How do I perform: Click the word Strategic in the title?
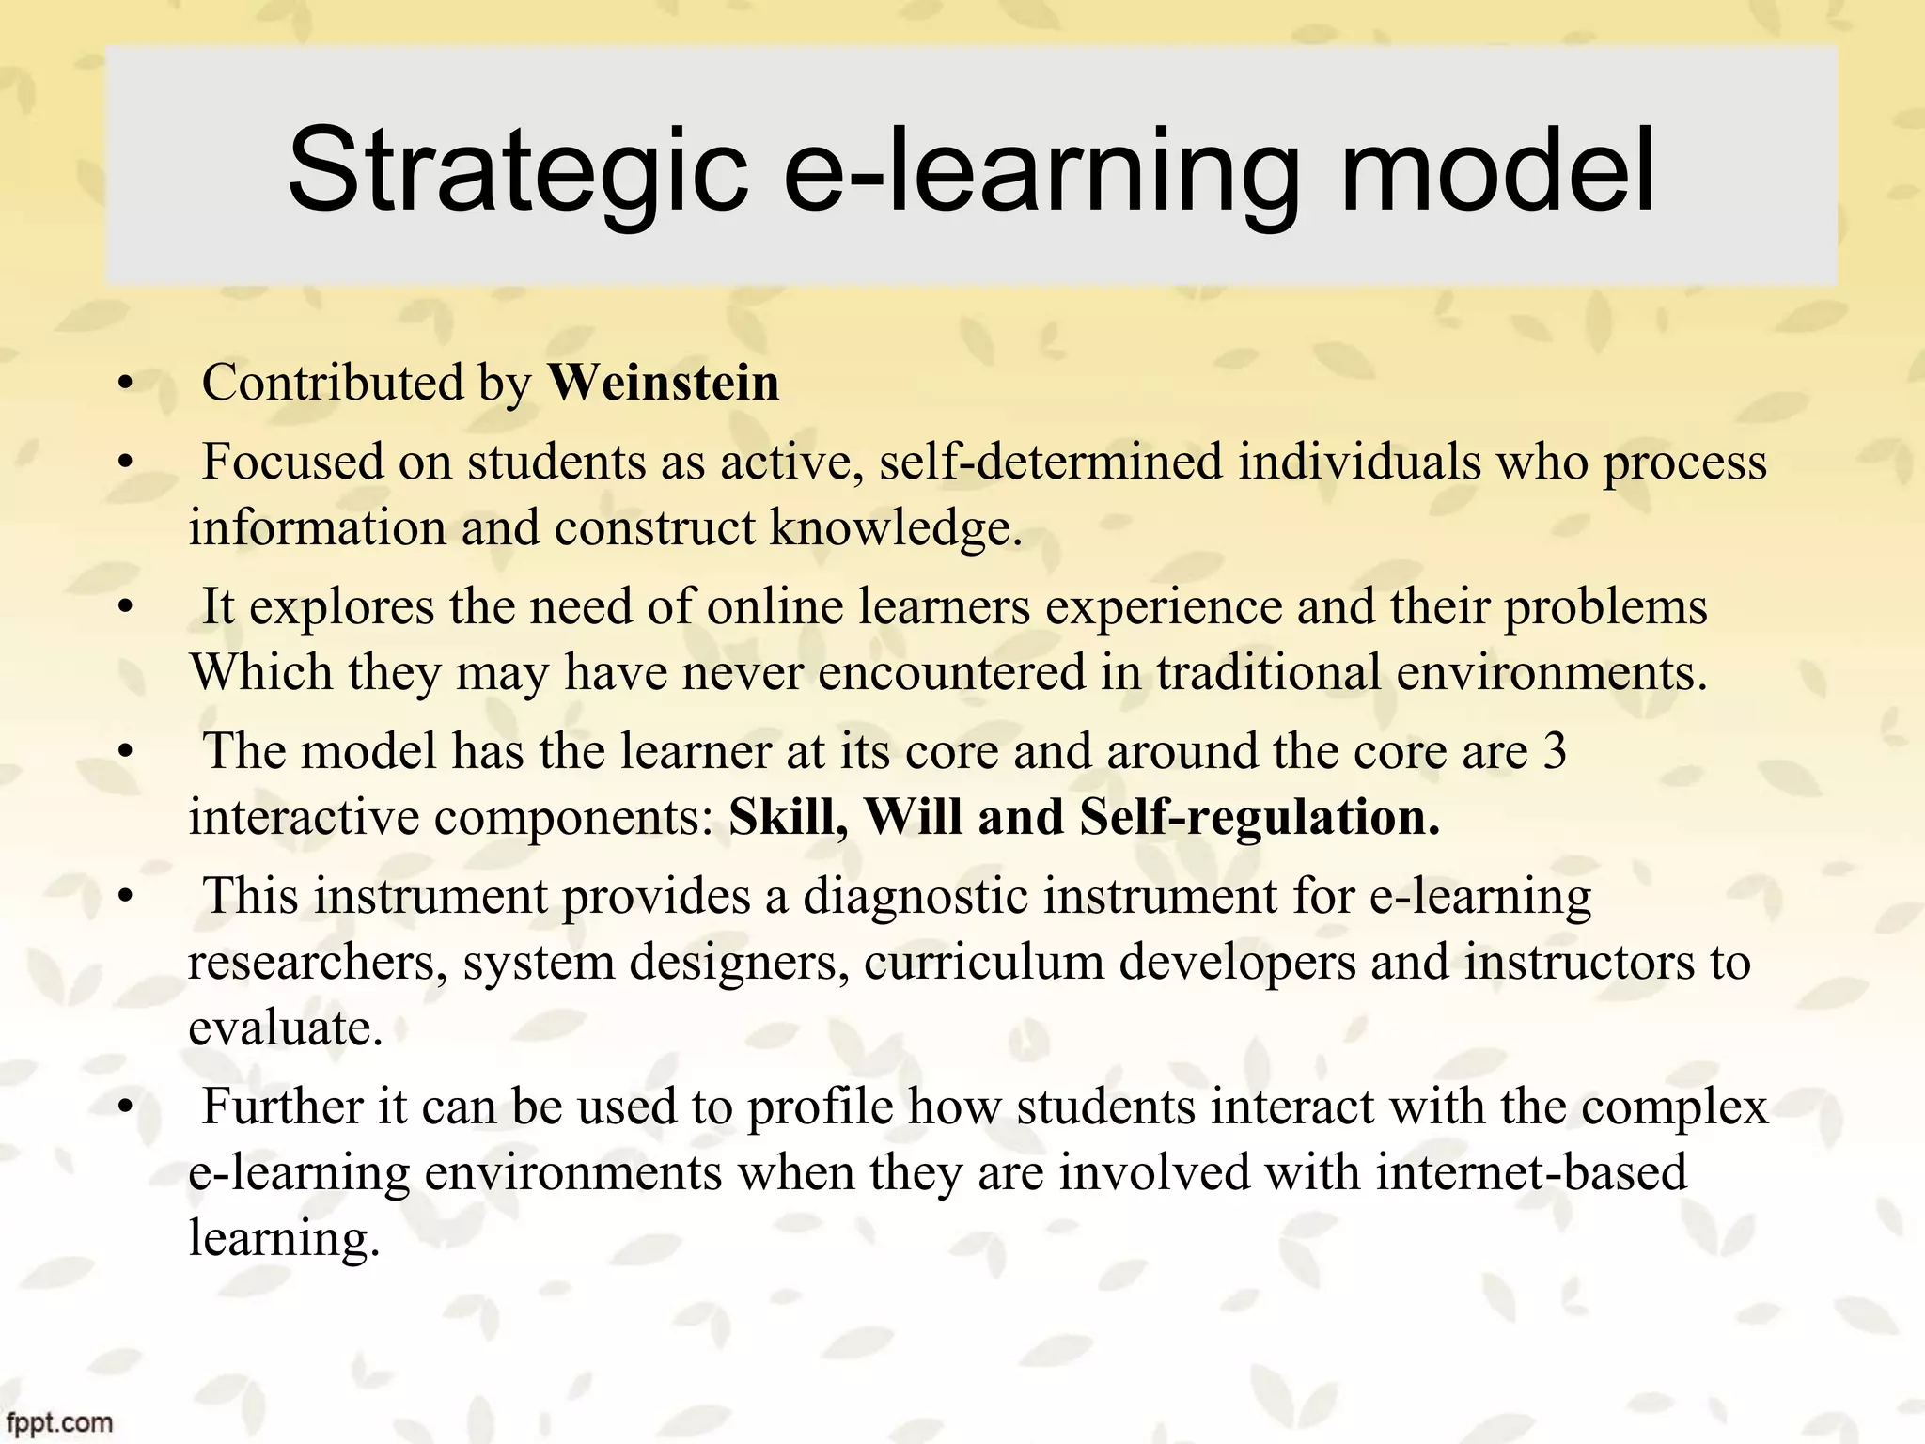[x=517, y=171]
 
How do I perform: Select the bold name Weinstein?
[x=664, y=384]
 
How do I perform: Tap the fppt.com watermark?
[x=56, y=1423]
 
